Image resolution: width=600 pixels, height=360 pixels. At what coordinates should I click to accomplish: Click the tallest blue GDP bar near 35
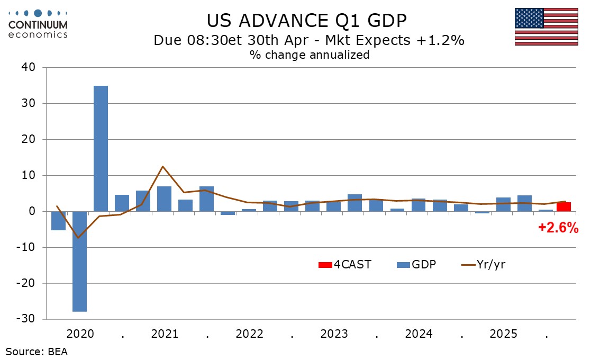(x=101, y=148)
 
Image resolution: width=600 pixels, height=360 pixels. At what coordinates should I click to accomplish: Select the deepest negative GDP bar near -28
(x=79, y=262)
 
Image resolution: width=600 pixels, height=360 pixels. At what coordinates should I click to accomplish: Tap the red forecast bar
(x=563, y=206)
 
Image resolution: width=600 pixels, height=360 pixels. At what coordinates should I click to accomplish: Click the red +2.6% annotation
(x=558, y=228)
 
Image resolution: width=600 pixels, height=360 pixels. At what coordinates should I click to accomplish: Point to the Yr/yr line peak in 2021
(x=162, y=167)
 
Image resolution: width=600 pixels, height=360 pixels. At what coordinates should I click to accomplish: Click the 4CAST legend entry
(x=345, y=264)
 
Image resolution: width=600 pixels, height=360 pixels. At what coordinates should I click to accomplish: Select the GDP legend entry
(x=416, y=264)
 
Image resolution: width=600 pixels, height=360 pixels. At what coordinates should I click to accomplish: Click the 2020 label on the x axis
(x=80, y=335)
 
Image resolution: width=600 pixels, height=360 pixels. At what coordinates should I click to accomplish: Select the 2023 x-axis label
(x=334, y=335)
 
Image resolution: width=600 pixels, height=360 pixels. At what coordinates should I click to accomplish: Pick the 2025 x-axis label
(x=503, y=335)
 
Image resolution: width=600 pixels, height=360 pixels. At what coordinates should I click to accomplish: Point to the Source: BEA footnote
(x=37, y=351)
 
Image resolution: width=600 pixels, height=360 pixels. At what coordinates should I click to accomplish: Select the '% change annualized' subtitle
(x=310, y=55)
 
